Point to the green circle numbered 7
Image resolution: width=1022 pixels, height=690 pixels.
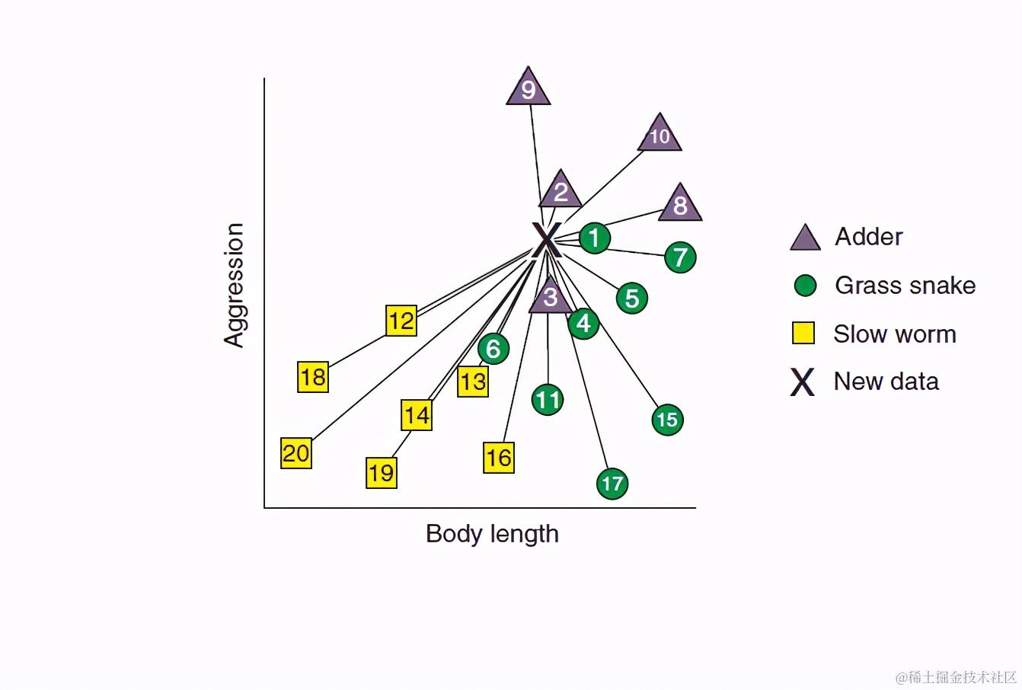[680, 257]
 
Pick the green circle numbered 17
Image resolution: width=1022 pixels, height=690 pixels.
[612, 484]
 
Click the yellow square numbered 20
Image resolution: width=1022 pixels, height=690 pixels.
[296, 453]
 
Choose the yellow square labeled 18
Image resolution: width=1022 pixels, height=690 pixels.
[313, 377]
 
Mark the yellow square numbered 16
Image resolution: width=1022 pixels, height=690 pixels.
[499, 458]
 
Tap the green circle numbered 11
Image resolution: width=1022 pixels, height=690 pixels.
[548, 400]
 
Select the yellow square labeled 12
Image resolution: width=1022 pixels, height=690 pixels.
[401, 321]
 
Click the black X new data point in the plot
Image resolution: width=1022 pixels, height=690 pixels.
[546, 239]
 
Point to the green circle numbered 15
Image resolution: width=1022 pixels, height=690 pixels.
[667, 420]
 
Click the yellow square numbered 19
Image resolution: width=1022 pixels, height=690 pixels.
[382, 473]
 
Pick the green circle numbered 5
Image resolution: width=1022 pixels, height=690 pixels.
[632, 299]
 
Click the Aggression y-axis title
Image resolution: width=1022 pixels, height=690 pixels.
[234, 285]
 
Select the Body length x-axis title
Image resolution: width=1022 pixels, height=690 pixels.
[492, 533]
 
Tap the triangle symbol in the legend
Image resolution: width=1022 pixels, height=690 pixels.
[805, 238]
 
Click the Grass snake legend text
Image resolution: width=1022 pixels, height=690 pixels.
[905, 286]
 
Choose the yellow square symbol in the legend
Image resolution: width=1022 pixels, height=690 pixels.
[803, 334]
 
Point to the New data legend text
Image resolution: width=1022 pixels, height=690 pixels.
[886, 381]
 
